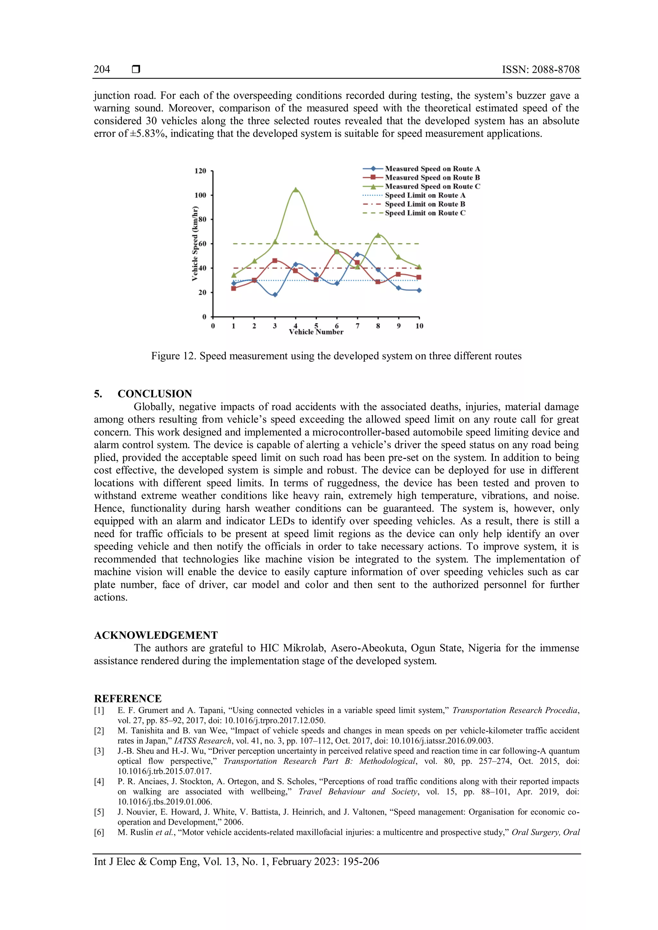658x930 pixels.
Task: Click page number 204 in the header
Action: coord(102,69)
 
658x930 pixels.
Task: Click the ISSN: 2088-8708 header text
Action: coord(540,69)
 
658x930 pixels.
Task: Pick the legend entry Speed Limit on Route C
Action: coord(425,213)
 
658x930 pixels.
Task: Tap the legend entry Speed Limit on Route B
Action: coord(425,204)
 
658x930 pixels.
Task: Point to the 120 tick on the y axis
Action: coord(200,171)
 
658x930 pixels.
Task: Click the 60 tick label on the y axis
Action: coord(202,244)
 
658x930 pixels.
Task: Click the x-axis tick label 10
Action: coord(419,326)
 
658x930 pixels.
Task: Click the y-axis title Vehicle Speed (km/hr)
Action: coord(195,243)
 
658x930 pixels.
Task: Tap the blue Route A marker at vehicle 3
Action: coord(275,295)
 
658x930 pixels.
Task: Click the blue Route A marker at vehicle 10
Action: coord(419,290)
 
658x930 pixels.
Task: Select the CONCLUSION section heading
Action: coord(155,394)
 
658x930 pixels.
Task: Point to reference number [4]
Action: coord(99,781)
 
